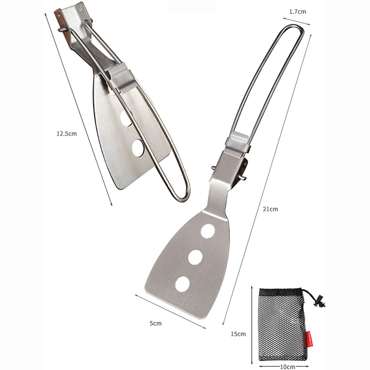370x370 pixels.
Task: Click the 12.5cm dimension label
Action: point(67,134)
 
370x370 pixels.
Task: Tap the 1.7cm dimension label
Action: point(297,12)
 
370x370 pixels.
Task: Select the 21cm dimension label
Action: point(271,209)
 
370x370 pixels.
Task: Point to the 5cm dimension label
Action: point(156,323)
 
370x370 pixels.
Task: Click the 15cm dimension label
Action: point(238,333)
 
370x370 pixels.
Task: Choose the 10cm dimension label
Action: point(288,367)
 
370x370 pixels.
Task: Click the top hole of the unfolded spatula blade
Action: point(208,231)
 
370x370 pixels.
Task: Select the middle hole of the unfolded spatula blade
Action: point(195,257)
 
